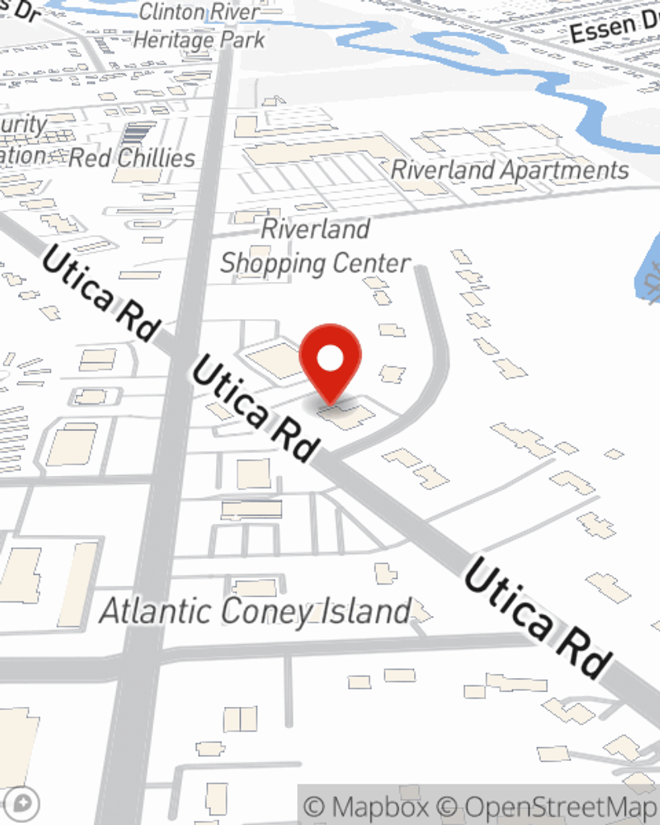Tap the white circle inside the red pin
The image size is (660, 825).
[330, 359]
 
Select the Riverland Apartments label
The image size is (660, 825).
[510, 170]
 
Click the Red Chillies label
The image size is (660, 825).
[132, 158]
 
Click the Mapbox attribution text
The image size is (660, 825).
[366, 807]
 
